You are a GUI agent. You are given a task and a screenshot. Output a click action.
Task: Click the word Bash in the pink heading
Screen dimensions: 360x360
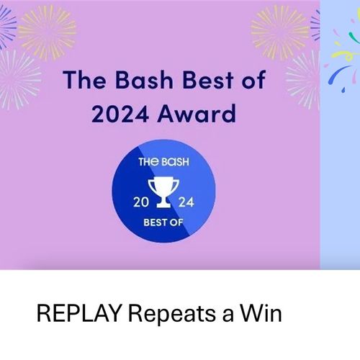[144, 80]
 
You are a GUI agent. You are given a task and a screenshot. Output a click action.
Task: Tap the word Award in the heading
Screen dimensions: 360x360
[197, 113]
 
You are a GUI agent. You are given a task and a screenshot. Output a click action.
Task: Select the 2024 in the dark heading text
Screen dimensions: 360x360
[120, 113]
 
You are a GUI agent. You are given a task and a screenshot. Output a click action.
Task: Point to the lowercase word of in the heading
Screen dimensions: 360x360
[253, 80]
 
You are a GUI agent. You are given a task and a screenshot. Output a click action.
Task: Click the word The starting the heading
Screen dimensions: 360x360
[84, 80]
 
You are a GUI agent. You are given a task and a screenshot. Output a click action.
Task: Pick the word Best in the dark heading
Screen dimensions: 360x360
[208, 80]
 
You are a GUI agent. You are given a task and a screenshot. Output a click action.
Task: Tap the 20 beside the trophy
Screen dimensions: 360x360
[141, 202]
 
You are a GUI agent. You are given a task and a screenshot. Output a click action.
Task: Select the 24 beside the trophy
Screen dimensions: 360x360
[186, 202]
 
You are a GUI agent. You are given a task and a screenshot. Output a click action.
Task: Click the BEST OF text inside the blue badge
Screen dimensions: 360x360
[163, 222]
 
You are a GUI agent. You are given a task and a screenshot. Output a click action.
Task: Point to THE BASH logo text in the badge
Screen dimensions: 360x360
[163, 162]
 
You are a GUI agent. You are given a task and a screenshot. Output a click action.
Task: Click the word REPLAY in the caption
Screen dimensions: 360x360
[79, 313]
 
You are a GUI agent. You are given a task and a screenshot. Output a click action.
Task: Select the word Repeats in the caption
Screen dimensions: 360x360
[172, 314]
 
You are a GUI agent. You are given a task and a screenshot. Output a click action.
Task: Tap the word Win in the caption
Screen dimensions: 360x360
[261, 313]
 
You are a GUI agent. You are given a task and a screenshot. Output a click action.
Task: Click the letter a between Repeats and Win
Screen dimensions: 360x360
[228, 315]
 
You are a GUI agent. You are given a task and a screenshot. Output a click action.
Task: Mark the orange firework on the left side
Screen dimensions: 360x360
[47, 32]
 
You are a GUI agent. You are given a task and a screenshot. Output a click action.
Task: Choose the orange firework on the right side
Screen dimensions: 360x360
[280, 32]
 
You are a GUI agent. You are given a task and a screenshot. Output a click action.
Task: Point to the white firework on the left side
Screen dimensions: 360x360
[18, 79]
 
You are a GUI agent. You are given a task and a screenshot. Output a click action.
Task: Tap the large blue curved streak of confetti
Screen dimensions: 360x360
[336, 74]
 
